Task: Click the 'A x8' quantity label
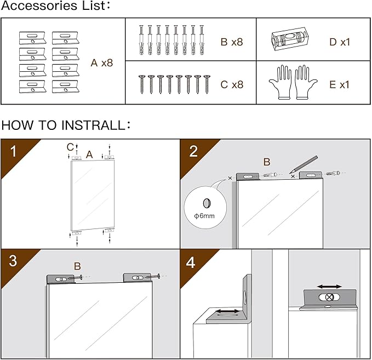click(101, 62)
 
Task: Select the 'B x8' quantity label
click(231, 42)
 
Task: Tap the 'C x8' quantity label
click(231, 84)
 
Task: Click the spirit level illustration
click(288, 40)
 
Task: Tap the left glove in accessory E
click(281, 83)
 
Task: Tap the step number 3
click(13, 261)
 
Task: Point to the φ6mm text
click(204, 216)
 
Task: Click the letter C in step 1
click(70, 146)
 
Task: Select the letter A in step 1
click(89, 155)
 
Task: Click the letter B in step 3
click(77, 266)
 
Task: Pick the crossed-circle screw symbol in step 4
click(329, 297)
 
